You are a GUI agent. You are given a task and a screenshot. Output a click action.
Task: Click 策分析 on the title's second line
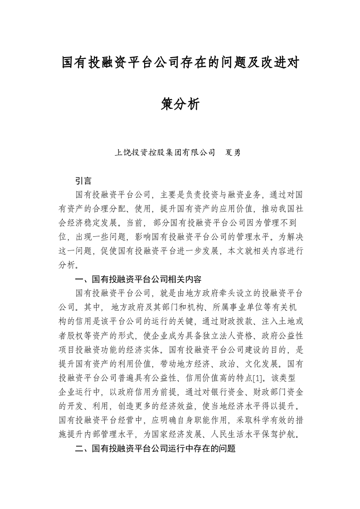pos(180,104)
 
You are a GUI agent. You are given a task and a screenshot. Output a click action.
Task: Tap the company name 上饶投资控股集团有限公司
pos(165,152)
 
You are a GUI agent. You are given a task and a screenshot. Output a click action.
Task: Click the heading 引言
pos(83,181)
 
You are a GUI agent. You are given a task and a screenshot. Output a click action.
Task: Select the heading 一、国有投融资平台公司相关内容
pos(138,279)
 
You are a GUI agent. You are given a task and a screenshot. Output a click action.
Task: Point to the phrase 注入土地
pos(278,321)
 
